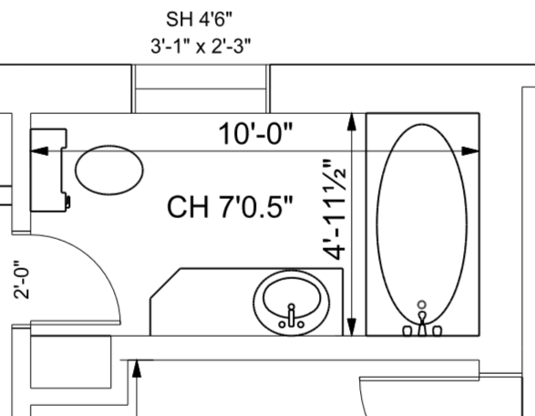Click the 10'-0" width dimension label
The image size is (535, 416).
tap(255, 133)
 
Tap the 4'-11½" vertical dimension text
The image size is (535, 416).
tap(334, 210)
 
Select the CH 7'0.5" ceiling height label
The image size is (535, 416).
tap(230, 207)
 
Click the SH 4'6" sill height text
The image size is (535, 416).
tap(199, 19)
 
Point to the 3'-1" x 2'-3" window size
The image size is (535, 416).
tap(201, 47)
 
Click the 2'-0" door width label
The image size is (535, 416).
tap(22, 280)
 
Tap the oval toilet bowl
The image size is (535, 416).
tap(109, 170)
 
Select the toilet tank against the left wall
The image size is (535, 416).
tap(47, 170)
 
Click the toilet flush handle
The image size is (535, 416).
tap(67, 202)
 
